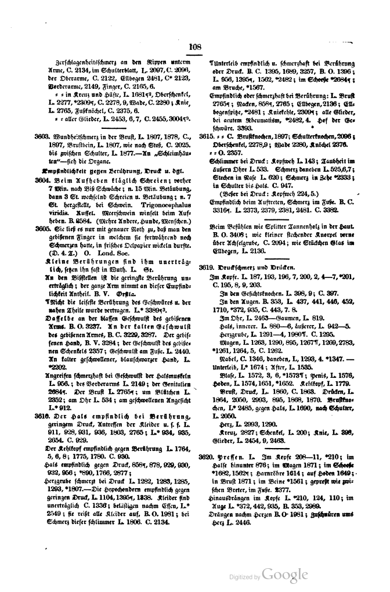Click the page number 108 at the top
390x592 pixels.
[194, 47]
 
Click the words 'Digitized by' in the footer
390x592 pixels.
[244, 577]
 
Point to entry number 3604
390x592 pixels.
[43, 181]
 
